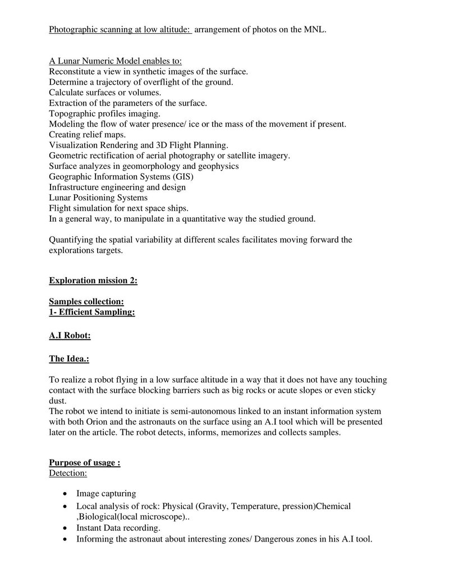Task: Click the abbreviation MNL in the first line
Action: [315, 29]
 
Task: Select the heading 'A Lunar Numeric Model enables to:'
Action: [115, 61]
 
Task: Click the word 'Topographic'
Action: [71, 113]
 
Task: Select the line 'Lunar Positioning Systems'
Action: [98, 198]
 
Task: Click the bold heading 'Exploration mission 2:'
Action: [93, 281]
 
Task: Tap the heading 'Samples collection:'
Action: [86, 302]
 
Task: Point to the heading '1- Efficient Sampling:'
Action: [92, 312]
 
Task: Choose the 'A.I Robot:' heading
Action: [70, 336]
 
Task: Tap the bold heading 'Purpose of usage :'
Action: [85, 463]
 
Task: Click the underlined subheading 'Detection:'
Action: [68, 474]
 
